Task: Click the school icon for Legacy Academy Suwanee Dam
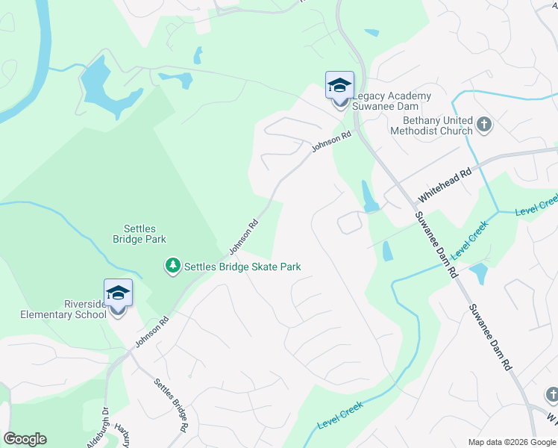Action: tap(339, 85)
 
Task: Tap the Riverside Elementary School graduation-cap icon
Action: tap(118, 293)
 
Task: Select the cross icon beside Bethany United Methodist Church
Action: tap(484, 125)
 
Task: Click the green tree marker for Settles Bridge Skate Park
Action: tap(173, 266)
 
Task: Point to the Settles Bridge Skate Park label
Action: tap(242, 267)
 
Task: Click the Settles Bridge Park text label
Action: tap(139, 234)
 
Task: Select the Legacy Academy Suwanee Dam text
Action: tap(392, 101)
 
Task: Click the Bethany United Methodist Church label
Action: tap(438, 125)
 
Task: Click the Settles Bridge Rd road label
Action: tap(171, 405)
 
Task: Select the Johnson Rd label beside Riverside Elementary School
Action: tap(152, 331)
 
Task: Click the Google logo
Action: tap(25, 439)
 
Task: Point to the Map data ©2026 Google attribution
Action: tap(511, 442)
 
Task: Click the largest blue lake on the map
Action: tap(104, 89)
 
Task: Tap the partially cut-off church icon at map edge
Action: tap(551, 393)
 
